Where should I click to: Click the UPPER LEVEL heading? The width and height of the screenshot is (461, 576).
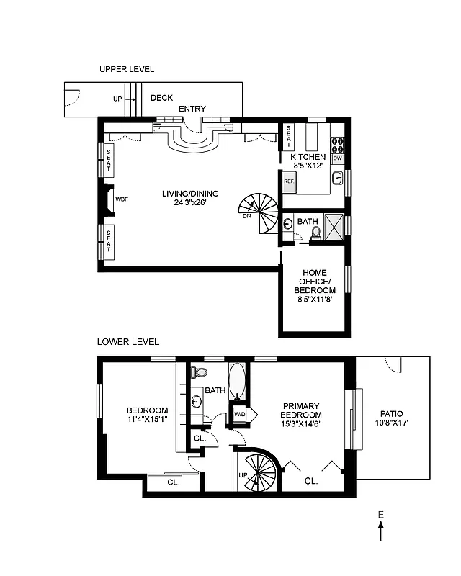click(x=127, y=69)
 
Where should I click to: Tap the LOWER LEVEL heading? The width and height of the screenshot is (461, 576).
click(x=128, y=342)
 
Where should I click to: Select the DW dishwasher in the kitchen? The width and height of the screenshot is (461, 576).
click(x=337, y=158)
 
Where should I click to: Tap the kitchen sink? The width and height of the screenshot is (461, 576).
click(x=337, y=177)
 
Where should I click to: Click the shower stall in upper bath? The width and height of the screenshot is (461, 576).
click(x=333, y=227)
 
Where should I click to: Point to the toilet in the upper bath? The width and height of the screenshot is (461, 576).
click(x=315, y=233)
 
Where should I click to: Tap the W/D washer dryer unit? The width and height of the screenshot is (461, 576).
click(x=238, y=414)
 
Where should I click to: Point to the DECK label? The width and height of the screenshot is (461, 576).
click(x=161, y=98)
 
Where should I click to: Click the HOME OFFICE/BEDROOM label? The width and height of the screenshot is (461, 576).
click(x=315, y=284)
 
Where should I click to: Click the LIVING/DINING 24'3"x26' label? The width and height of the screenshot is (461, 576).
click(x=190, y=198)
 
